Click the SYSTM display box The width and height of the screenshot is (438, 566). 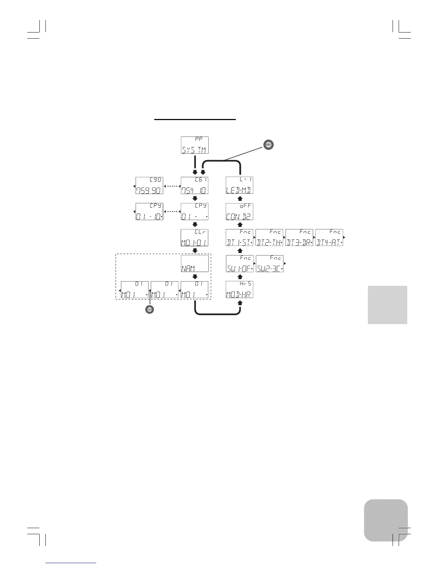tap(195, 145)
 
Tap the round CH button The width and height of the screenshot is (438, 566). tap(149, 309)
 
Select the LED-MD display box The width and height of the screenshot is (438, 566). tap(240, 185)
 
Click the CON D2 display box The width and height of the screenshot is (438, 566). tap(240, 212)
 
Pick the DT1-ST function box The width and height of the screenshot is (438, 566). tap(240, 238)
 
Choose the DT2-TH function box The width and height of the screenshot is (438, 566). tap(269, 238)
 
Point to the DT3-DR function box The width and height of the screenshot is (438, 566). tap(300, 238)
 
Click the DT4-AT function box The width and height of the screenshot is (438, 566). tap(329, 238)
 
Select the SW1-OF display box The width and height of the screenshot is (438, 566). tap(240, 264)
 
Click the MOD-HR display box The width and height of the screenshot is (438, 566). tap(240, 290)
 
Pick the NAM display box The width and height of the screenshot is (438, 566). tap(195, 264)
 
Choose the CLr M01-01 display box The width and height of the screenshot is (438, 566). tap(195, 238)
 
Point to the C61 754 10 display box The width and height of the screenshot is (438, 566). tap(195, 185)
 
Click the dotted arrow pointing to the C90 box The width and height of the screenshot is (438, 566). tap(171, 186)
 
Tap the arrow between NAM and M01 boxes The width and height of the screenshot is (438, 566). tap(195, 277)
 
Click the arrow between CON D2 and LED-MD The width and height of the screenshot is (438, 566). tap(240, 198)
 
